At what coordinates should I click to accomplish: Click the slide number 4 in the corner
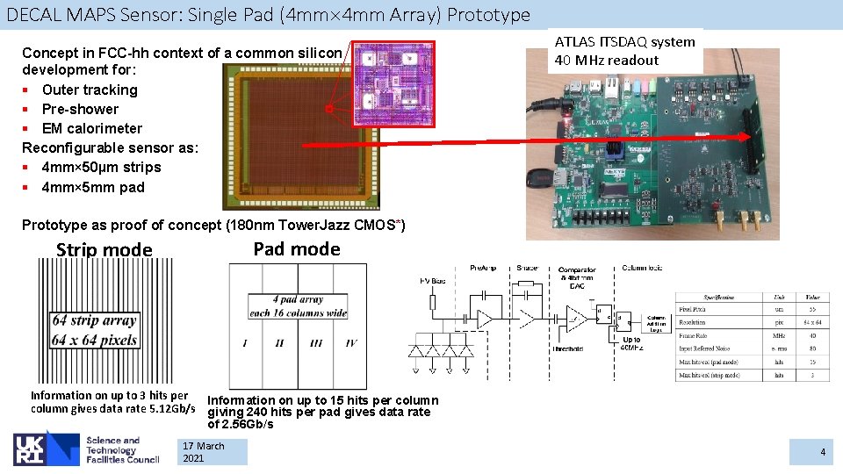(x=823, y=452)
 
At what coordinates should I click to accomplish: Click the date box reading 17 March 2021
(x=212, y=452)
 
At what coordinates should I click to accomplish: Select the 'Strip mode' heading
(x=104, y=250)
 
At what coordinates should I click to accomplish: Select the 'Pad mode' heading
(x=296, y=249)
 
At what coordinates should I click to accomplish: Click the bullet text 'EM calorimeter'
(x=91, y=128)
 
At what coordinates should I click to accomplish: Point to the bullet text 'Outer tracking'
(x=90, y=90)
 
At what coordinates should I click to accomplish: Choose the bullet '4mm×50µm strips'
(x=101, y=167)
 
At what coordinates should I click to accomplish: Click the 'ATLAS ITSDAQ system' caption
(x=624, y=41)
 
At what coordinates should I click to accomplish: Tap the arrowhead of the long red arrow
(x=751, y=136)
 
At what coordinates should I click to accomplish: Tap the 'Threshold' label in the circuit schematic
(x=568, y=348)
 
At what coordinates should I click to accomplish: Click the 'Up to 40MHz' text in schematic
(x=630, y=344)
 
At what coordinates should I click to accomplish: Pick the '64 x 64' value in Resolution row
(x=813, y=322)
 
